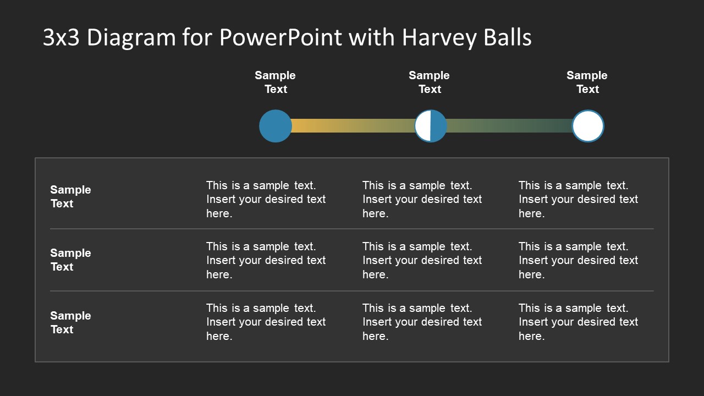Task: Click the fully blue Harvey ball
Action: coord(275,126)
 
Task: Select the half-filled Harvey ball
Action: coord(431,126)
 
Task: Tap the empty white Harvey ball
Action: coord(587,126)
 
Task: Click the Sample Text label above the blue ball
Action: coord(275,82)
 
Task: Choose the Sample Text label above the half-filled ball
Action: coord(429,82)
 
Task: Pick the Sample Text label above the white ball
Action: coord(587,82)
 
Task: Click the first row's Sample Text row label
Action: coord(70,196)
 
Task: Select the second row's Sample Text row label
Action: coord(70,260)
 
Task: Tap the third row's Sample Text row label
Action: coord(70,322)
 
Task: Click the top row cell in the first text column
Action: coord(266,199)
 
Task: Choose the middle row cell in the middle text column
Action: coord(422,260)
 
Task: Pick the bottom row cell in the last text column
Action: coord(578,322)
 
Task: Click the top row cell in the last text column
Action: coord(578,199)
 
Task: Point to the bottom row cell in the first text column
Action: coord(266,322)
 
